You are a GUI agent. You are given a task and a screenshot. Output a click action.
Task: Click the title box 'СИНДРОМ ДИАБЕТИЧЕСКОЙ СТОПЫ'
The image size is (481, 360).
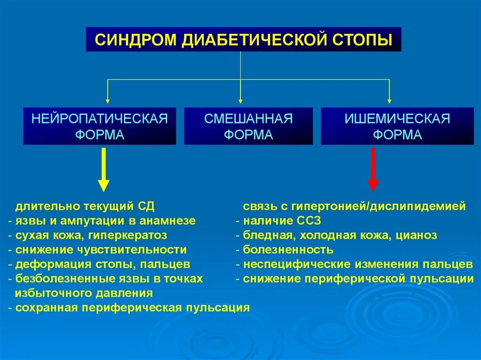(x=243, y=39)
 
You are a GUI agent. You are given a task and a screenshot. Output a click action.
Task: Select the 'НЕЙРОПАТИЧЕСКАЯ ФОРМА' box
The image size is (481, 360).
(x=100, y=126)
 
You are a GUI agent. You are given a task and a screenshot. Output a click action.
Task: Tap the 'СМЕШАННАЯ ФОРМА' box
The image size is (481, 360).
(x=248, y=126)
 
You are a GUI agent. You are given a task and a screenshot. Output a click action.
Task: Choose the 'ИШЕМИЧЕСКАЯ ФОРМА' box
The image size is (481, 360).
(x=397, y=126)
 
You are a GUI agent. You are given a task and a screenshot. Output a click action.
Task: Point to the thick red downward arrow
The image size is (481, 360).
(x=373, y=169)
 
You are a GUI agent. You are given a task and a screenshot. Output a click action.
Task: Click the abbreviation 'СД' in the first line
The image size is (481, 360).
(x=146, y=206)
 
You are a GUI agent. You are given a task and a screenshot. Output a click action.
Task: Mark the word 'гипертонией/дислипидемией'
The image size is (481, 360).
(x=379, y=206)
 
